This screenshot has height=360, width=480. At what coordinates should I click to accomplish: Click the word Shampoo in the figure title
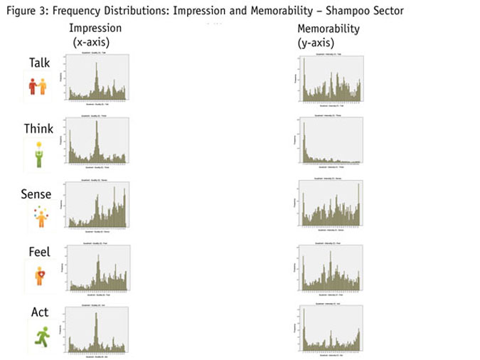(x=336, y=10)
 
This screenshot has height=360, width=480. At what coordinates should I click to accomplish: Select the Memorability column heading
(x=329, y=29)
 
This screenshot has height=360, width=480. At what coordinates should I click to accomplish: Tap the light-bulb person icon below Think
(x=38, y=154)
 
